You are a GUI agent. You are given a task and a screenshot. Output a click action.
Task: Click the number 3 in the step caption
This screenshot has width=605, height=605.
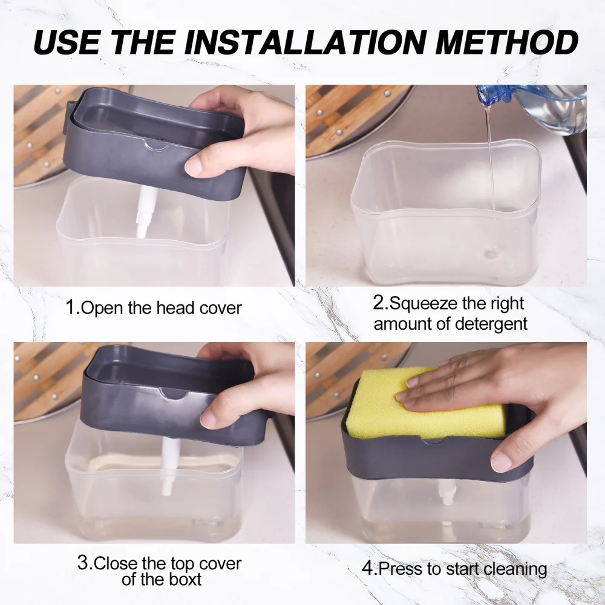coord(83,563)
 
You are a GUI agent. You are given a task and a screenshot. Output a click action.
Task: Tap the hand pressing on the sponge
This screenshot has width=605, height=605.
coord(496,387)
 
